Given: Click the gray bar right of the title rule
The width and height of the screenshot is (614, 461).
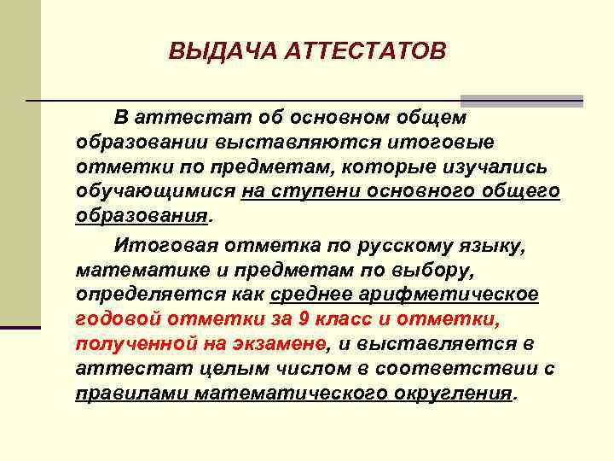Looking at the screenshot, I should click(522, 101).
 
